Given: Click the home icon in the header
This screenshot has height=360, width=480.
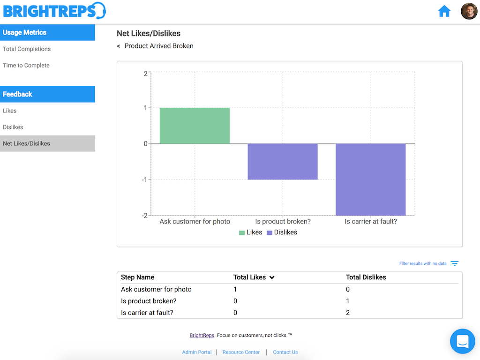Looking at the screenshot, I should (x=444, y=11).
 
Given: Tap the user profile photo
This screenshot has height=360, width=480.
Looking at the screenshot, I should (x=469, y=11).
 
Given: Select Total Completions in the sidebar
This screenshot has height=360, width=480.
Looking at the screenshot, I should (x=27, y=49).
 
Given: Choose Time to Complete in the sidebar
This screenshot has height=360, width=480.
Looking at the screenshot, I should (x=26, y=65).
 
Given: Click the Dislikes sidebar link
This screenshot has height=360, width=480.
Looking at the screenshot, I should (x=13, y=127).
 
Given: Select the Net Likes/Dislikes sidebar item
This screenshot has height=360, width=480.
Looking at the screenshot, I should (x=26, y=143).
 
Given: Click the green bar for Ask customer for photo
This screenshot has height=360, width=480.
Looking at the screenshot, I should (x=195, y=126).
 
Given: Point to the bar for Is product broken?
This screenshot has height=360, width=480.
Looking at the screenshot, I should (x=283, y=162).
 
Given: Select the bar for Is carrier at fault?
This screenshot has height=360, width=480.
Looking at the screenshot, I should (x=371, y=180).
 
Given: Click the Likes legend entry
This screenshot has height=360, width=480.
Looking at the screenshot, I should (x=251, y=232).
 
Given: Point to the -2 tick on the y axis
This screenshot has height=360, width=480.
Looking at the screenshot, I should (x=145, y=216).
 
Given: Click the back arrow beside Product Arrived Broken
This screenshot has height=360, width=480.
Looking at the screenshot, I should (x=119, y=46).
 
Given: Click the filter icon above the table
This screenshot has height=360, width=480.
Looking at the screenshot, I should (x=455, y=263).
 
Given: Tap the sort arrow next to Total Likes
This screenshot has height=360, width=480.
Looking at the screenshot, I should (x=272, y=277).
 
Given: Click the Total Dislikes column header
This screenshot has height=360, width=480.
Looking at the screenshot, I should (x=366, y=277).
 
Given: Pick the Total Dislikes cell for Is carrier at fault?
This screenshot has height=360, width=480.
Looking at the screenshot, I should (x=348, y=313).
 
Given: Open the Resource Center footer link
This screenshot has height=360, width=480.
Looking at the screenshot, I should (x=241, y=352).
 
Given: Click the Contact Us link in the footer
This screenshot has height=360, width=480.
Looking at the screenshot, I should (x=285, y=352).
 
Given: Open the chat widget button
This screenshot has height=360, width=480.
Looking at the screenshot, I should (x=462, y=341).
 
